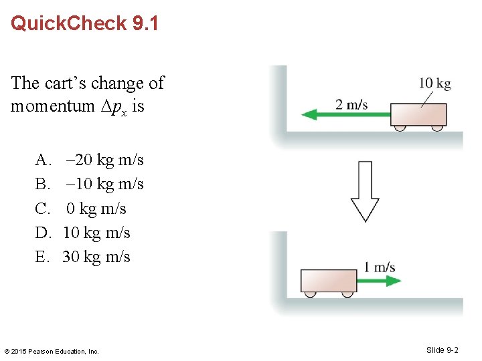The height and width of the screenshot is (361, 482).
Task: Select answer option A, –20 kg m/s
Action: pyautogui.click(x=90, y=160)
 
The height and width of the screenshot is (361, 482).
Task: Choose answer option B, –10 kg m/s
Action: pyautogui.click(x=90, y=184)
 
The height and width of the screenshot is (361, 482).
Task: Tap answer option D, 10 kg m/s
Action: pyautogui.click(x=83, y=233)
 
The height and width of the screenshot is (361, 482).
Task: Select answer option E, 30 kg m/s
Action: pyautogui.click(x=83, y=257)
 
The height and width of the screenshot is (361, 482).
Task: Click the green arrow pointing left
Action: pyautogui.click(x=348, y=115)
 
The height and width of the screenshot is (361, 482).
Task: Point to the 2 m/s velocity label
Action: pyautogui.click(x=351, y=104)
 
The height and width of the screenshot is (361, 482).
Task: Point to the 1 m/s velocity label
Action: pyautogui.click(x=380, y=267)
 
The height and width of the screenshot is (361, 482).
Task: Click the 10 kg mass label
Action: pyautogui.click(x=434, y=84)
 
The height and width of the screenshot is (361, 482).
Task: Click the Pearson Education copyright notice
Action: pyautogui.click(x=52, y=351)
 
